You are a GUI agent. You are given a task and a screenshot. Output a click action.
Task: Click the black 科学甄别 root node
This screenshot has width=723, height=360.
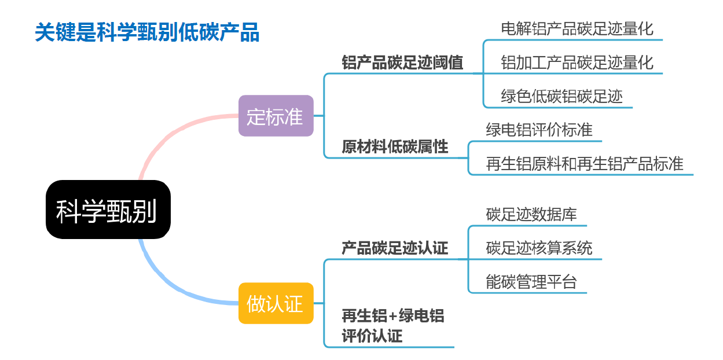tap(108, 210)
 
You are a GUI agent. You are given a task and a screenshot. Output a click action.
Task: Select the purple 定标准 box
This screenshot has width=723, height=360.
tap(276, 116)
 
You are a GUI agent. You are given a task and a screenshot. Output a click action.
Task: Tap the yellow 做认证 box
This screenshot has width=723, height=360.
tap(276, 303)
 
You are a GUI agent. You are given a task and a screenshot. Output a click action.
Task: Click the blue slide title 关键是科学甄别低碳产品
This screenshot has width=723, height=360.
tap(147, 32)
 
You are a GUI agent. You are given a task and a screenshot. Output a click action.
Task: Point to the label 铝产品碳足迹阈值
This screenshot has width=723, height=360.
tap(402, 63)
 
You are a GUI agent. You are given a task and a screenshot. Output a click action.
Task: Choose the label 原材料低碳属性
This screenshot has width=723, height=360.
tap(395, 146)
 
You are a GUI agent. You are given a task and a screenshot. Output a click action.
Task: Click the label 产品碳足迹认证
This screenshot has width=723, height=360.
tap(395, 248)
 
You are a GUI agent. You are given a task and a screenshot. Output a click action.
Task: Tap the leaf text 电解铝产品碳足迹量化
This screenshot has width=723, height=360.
tap(577, 28)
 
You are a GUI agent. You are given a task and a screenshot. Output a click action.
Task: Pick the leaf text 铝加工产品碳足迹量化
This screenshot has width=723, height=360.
tap(577, 63)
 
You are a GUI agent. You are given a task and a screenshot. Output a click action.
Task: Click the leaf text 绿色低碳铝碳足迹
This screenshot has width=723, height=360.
tap(561, 96)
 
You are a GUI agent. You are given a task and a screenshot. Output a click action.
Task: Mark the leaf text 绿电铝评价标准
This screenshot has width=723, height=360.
tap(539, 130)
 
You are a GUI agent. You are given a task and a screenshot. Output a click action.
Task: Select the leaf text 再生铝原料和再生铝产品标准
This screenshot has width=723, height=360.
tap(585, 164)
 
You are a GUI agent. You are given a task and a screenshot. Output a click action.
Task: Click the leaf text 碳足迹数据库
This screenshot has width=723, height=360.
tap(531, 214)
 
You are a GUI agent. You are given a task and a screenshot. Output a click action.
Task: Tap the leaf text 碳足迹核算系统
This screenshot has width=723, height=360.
tap(539, 248)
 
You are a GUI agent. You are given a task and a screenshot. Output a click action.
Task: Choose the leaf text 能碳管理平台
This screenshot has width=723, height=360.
tap(531, 282)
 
